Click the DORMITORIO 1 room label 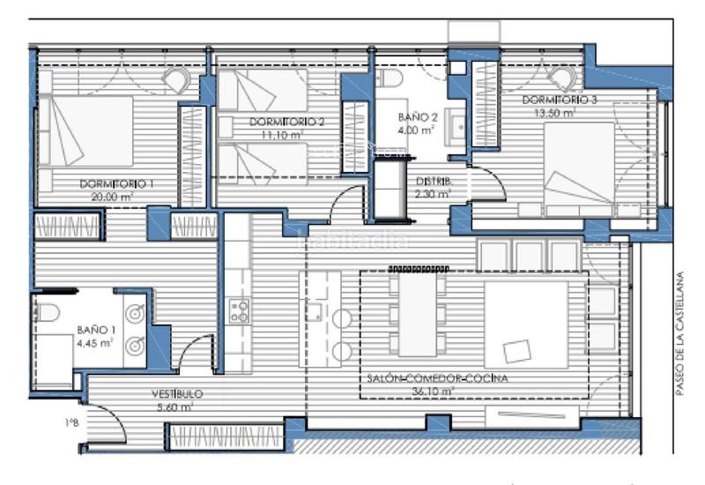point(116,183)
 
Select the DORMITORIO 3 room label point(565,101)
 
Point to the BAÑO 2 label point(418,116)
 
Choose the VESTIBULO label point(176,394)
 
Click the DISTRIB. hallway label point(434,182)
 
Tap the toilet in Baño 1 point(48,313)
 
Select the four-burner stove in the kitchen point(239,310)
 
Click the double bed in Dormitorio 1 point(88,131)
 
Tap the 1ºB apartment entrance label point(71,422)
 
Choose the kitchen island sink point(315,310)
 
